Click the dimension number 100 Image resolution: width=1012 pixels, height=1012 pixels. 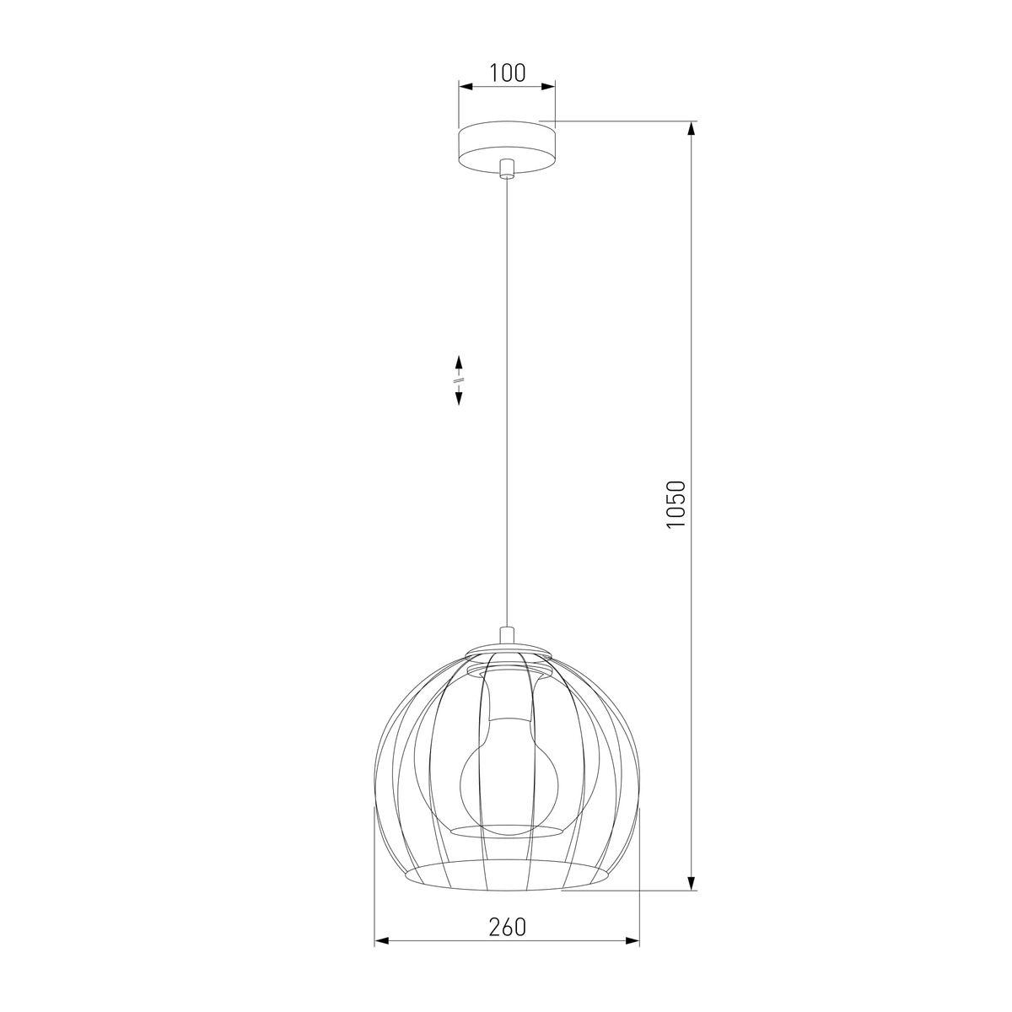(507, 73)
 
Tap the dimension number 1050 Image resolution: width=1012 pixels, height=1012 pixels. (676, 504)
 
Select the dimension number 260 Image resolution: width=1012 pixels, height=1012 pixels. (507, 942)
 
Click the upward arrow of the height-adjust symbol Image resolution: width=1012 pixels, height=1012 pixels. (459, 363)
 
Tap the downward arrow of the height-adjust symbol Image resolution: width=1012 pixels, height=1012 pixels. (459, 396)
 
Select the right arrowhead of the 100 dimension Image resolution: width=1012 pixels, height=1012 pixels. (548, 87)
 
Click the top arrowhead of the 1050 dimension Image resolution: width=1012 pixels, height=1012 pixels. (692, 129)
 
